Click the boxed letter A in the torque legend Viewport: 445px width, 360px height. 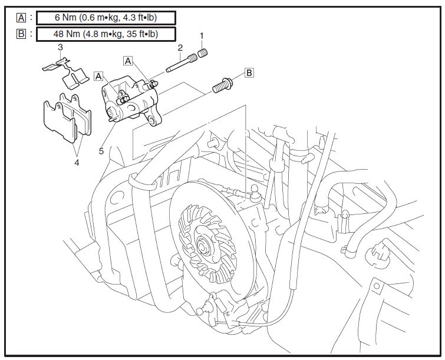tap(21, 17)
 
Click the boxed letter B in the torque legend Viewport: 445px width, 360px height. tap(21, 34)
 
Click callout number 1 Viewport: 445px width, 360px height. tap(202, 37)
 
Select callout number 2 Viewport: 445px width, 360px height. tap(180, 47)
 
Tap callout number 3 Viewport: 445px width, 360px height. tap(61, 47)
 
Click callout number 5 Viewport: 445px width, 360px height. tap(101, 151)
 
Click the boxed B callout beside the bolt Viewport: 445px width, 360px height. tap(249, 73)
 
